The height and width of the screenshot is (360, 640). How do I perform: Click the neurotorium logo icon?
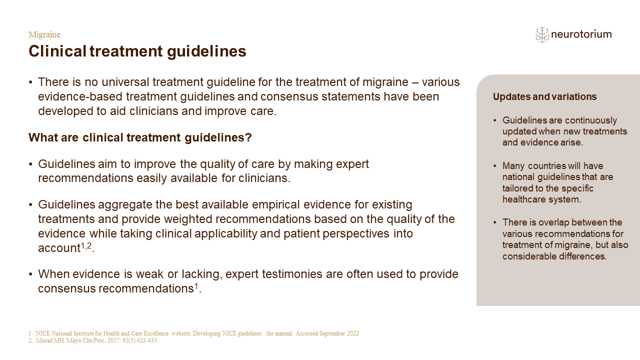(542, 35)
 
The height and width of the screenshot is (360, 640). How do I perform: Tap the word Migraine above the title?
(44, 34)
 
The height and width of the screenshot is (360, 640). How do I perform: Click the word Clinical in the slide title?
(57, 51)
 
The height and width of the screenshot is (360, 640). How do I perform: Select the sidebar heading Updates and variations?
(544, 96)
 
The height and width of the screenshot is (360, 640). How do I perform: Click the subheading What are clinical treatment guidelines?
(140, 137)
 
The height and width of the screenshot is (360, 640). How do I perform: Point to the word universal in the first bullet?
(125, 82)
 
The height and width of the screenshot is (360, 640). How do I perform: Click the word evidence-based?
(80, 96)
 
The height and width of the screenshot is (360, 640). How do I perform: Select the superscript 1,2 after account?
(86, 245)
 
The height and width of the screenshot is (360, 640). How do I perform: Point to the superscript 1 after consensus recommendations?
(196, 286)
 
